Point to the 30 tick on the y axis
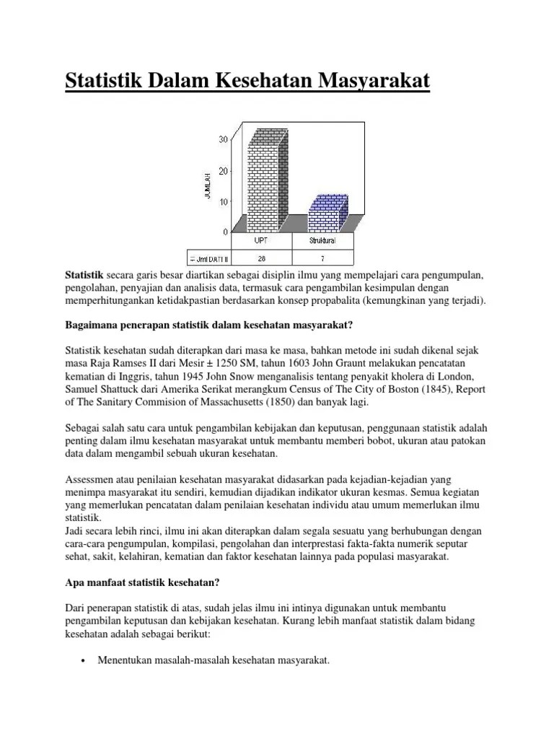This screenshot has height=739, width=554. coord(224,139)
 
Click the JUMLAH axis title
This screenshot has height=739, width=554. coord(208,185)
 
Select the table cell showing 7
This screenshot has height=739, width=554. coord(322,257)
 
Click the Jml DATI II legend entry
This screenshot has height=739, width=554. coord(210,257)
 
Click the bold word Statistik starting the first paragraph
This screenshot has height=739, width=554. coord(84,276)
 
